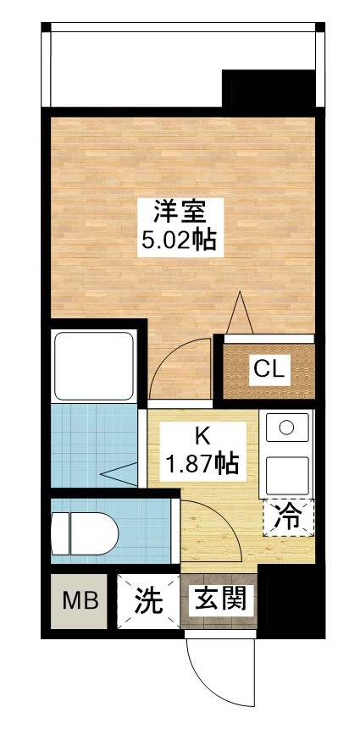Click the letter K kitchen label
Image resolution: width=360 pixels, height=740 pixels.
click(x=202, y=436)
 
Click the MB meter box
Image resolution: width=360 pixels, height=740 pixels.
click(x=80, y=602)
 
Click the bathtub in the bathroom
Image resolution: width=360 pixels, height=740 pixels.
click(x=93, y=367)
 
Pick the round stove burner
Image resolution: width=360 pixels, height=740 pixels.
click(x=286, y=427)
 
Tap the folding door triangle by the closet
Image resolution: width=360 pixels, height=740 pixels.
click(x=240, y=313)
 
